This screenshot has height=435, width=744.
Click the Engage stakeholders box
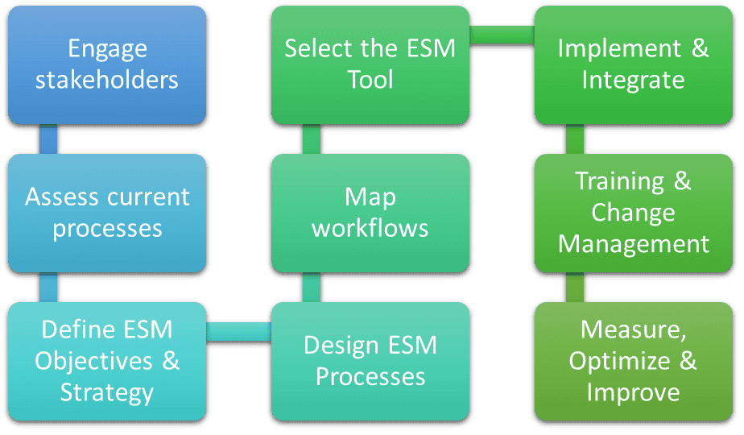(x=107, y=65)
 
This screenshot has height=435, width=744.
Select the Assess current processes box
(x=107, y=213)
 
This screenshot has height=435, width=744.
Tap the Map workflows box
(x=370, y=213)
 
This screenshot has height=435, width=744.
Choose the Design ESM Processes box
(x=370, y=362)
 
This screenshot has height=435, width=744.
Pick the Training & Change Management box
(x=634, y=213)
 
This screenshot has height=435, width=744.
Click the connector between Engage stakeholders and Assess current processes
(x=48, y=139)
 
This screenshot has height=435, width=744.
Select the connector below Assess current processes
(x=48, y=288)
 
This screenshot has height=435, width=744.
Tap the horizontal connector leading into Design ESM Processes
(x=238, y=331)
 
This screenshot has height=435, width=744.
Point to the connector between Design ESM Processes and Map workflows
(x=312, y=288)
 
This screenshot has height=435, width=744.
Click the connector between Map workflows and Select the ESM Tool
(x=312, y=139)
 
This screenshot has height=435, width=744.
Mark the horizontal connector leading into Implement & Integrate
(x=502, y=35)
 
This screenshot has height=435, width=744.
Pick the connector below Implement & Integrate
(x=575, y=139)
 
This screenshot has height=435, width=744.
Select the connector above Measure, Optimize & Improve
(x=575, y=288)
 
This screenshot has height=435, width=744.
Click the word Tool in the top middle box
(x=370, y=79)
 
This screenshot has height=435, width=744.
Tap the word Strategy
(x=107, y=393)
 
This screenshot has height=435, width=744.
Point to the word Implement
(x=619, y=49)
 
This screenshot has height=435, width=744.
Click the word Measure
(x=634, y=329)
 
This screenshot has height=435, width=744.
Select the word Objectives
(x=94, y=362)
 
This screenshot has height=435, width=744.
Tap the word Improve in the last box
(x=634, y=393)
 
